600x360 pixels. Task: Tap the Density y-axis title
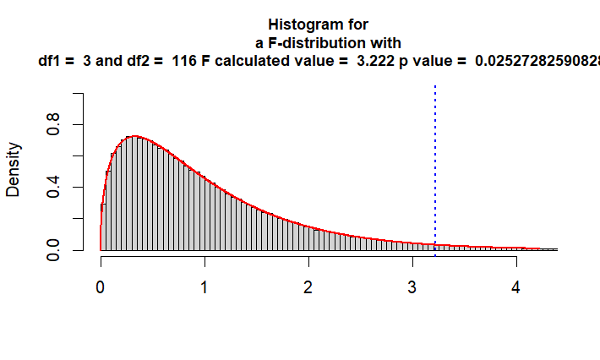pyautogui.click(x=14, y=170)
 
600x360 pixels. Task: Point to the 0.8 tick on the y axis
pyautogui.click(x=53, y=124)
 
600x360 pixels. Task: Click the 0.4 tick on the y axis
pyautogui.click(x=53, y=187)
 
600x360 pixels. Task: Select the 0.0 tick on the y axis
pyautogui.click(x=53, y=249)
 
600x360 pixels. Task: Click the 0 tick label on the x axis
pyautogui.click(x=101, y=286)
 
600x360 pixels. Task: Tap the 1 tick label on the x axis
pyautogui.click(x=205, y=286)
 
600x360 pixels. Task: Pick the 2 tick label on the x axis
pyautogui.click(x=308, y=286)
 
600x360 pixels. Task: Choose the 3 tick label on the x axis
pyautogui.click(x=412, y=286)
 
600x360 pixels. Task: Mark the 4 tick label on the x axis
pyautogui.click(x=516, y=286)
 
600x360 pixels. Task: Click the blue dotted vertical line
pyautogui.click(x=435, y=169)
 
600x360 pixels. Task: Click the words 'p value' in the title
pyautogui.click(x=439, y=61)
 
